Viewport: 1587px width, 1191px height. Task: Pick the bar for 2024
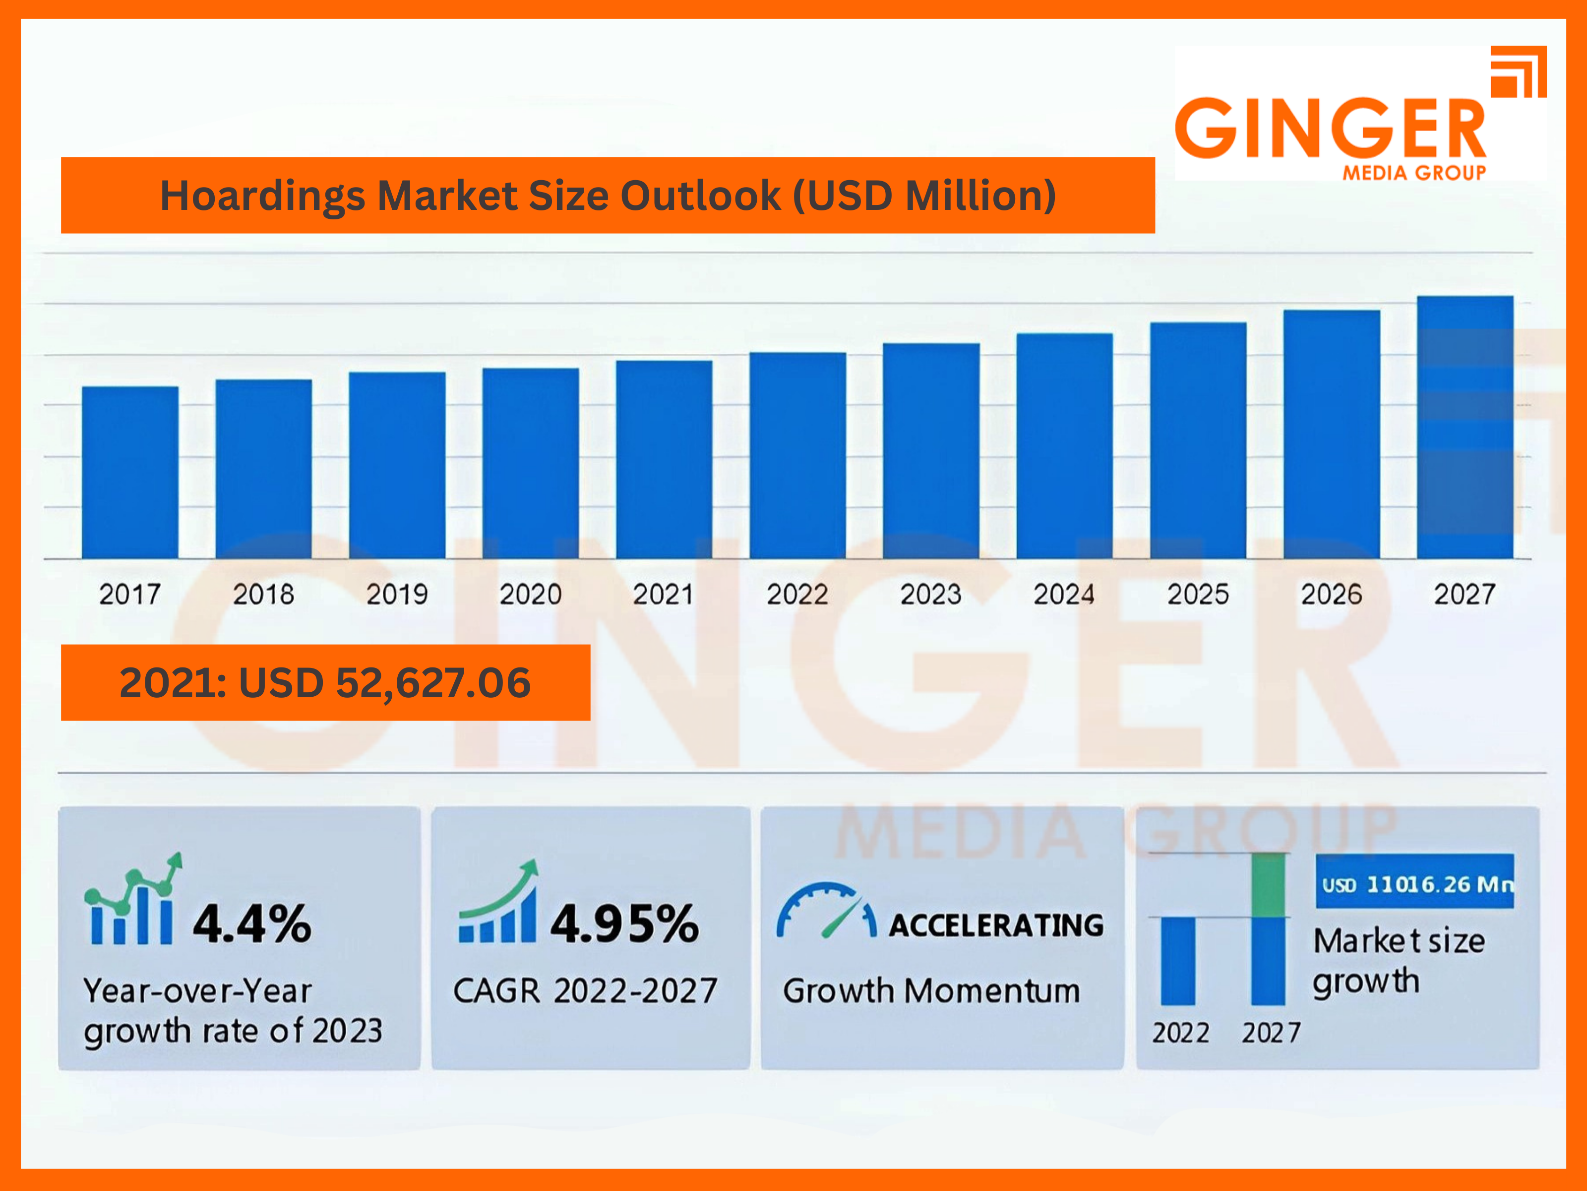tap(1064, 446)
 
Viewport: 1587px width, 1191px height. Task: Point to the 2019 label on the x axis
tap(397, 595)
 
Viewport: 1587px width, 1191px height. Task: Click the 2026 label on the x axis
tap(1331, 595)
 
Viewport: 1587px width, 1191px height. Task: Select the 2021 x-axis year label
tap(664, 595)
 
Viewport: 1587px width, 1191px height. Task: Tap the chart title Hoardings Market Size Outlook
tap(608, 195)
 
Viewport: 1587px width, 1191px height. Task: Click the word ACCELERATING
tap(996, 926)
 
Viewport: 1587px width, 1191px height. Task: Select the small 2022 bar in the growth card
tap(1178, 961)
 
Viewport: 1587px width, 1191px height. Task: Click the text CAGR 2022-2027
tap(585, 991)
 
